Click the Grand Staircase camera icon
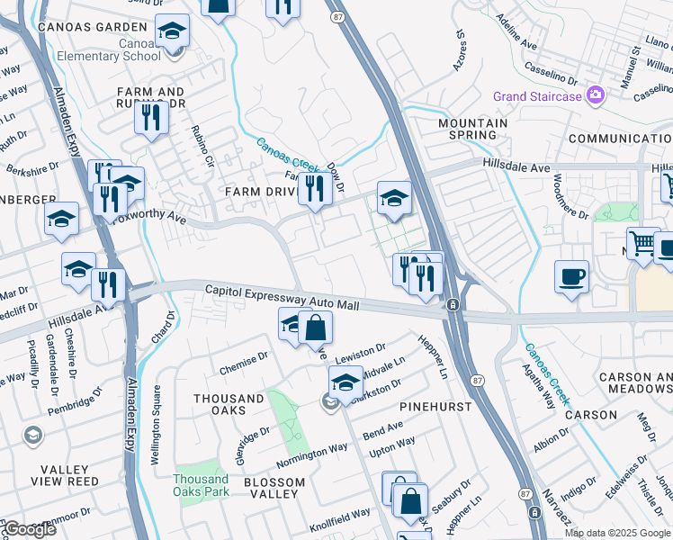pos(595,94)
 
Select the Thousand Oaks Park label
pos(201,485)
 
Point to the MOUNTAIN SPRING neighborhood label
pos(467,128)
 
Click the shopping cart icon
pos(642,242)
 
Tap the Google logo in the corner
pos(29,530)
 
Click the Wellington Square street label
pos(157,424)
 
